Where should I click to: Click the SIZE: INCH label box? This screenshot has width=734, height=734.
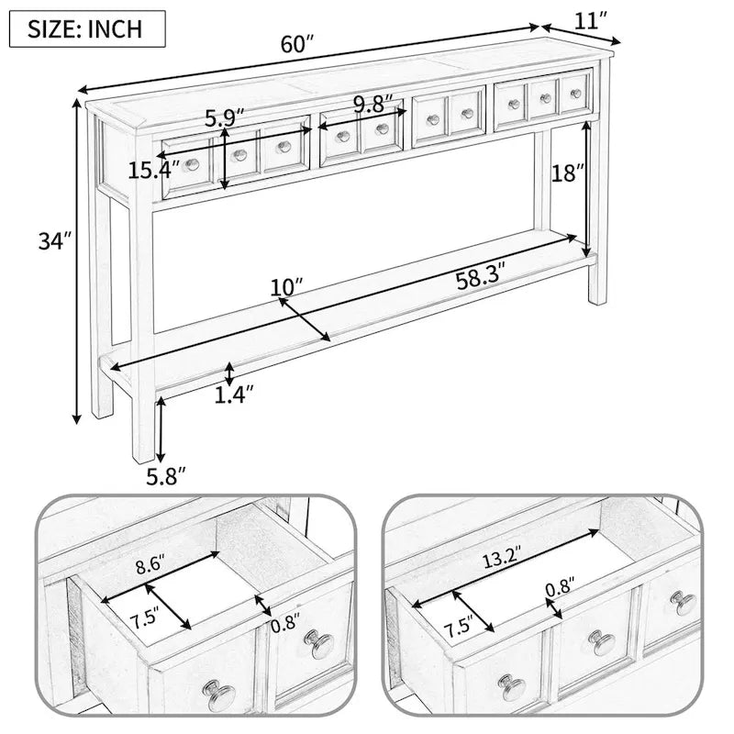coord(86,28)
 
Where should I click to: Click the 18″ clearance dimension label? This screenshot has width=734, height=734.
coord(566,173)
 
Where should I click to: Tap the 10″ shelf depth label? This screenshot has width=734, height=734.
coord(287,287)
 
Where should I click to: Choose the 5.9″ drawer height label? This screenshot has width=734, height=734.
coord(225,117)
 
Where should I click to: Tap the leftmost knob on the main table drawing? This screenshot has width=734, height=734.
coord(193,164)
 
